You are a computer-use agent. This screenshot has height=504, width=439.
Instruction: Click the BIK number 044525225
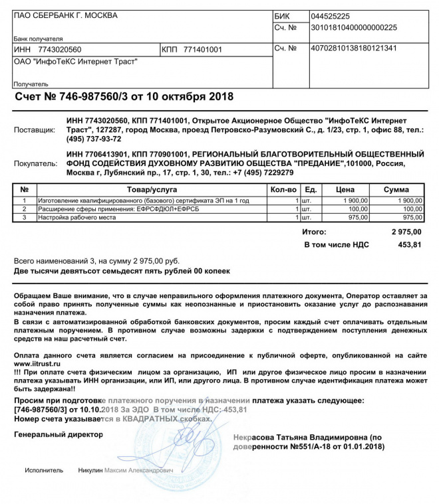331,16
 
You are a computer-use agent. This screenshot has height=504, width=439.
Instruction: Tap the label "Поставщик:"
37,129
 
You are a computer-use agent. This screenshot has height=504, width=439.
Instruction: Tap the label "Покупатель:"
37,163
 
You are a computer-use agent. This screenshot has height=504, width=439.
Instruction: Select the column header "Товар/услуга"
152,190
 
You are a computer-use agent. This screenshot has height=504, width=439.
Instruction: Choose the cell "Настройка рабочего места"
77,217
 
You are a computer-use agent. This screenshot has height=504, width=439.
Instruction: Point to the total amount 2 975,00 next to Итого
406,232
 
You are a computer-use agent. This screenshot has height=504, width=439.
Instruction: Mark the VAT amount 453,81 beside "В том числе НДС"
409,245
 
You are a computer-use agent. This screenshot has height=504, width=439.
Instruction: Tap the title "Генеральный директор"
59,434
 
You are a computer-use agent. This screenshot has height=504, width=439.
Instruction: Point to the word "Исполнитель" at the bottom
44,471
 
